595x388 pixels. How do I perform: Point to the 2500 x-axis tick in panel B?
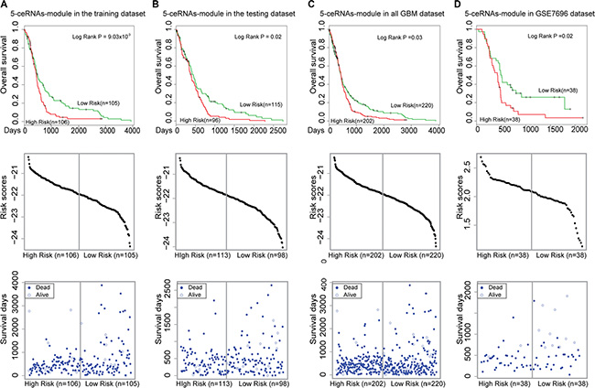click(x=282, y=131)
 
